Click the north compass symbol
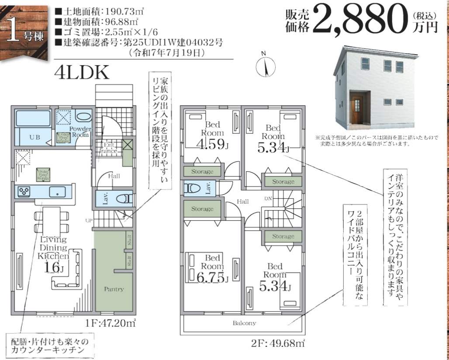point(264,67)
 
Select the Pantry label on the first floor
point(114,289)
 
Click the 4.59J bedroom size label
point(213,144)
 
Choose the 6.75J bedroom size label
point(213,277)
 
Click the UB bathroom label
point(35,137)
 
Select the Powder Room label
point(80,132)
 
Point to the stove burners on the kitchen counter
point(23,191)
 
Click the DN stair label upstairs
point(269,199)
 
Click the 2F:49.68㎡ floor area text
point(278,343)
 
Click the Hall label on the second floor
point(243,201)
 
